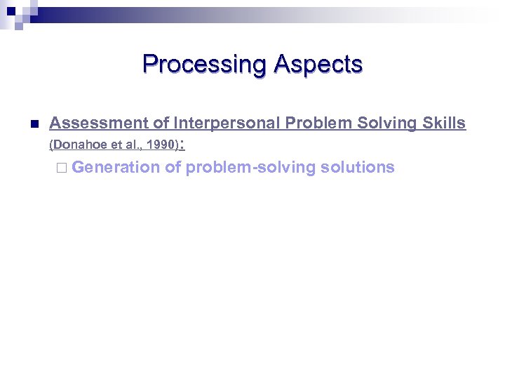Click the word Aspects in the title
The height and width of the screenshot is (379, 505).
click(318, 65)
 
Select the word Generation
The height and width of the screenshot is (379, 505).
click(116, 167)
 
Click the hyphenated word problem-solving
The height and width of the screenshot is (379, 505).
click(250, 167)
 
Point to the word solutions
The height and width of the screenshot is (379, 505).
click(357, 167)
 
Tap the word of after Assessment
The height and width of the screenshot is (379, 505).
click(161, 123)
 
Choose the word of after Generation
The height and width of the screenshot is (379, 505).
click(173, 167)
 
